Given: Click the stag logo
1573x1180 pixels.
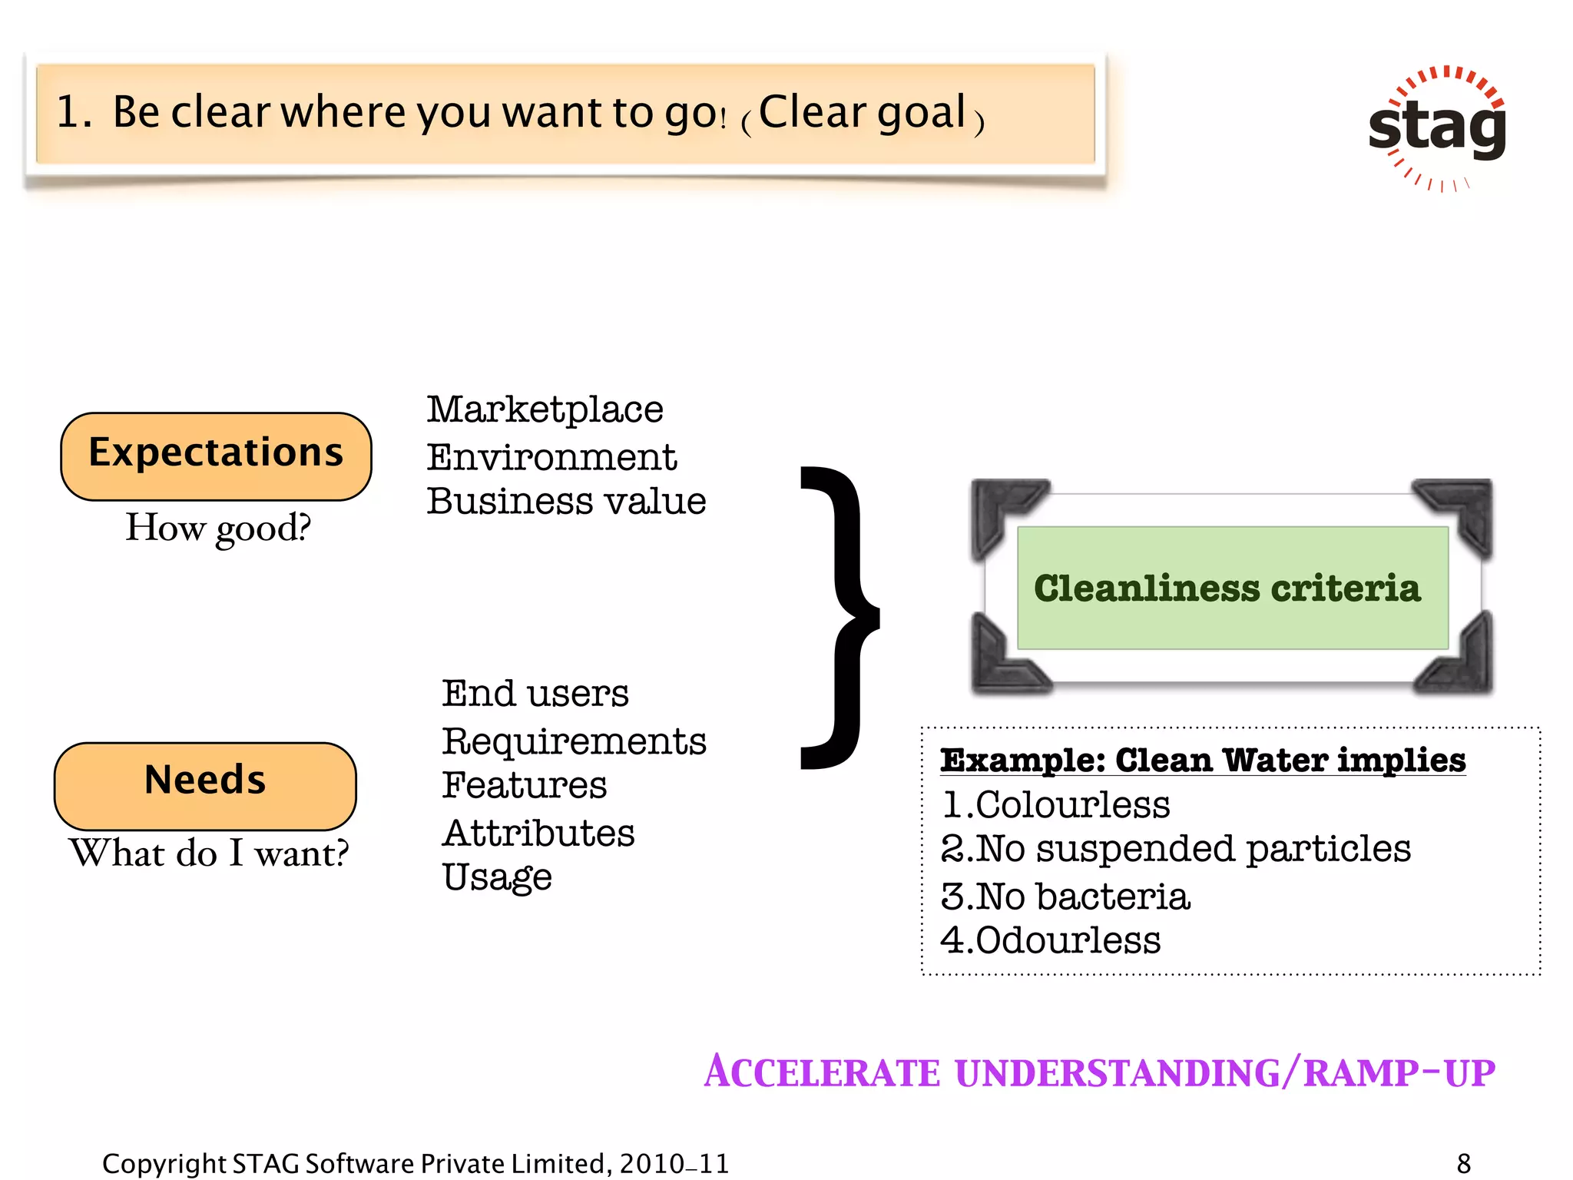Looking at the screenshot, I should (x=1437, y=128).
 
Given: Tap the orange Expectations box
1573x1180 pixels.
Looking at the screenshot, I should (x=216, y=456).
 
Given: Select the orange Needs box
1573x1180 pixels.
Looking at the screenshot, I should (x=205, y=784).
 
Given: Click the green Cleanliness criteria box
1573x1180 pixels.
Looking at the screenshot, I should (x=1232, y=588).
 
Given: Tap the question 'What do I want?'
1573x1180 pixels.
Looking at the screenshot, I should (x=209, y=854).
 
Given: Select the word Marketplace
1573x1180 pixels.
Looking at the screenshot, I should (x=545, y=409).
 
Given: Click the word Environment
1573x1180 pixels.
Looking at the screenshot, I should (x=551, y=458).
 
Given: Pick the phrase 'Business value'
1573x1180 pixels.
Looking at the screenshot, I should (x=566, y=502).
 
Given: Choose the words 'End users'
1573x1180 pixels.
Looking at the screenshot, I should (x=535, y=694).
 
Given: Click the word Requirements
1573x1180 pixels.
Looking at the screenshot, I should (x=574, y=742).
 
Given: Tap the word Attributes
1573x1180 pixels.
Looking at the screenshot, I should (x=538, y=834).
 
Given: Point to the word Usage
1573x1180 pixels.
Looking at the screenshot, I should (x=497, y=877).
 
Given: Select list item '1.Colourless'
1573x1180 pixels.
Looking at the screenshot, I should (x=1055, y=805).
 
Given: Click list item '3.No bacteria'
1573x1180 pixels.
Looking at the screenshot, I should (x=1065, y=897).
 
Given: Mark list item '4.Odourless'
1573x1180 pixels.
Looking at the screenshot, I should (x=1051, y=940).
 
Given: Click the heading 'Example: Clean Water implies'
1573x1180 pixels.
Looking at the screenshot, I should (x=1203, y=761).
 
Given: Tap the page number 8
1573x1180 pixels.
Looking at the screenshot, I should (x=1464, y=1163).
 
